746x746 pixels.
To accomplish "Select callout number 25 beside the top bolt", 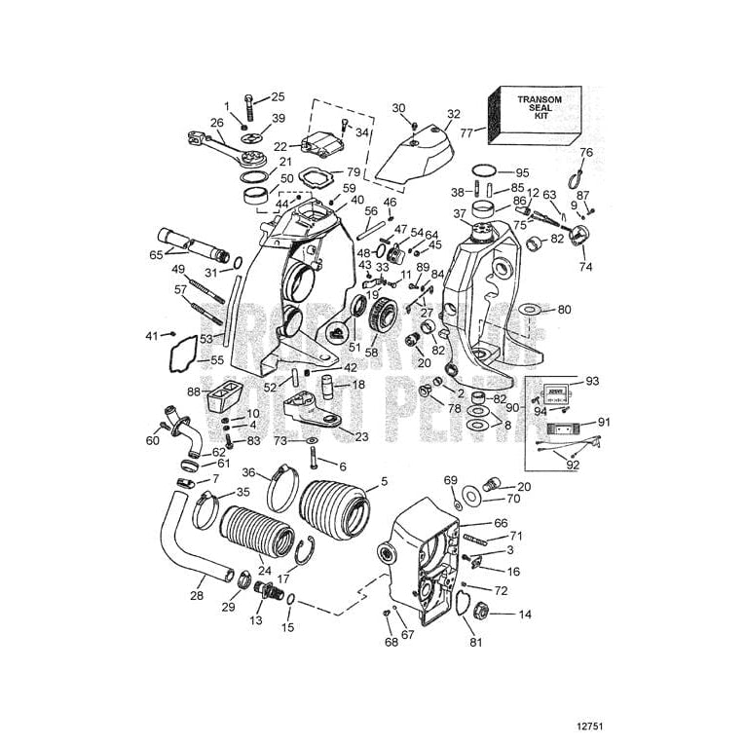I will (278, 96).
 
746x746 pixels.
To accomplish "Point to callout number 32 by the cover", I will (454, 114).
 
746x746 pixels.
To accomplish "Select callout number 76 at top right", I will (586, 152).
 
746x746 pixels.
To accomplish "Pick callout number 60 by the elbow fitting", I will (153, 441).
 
